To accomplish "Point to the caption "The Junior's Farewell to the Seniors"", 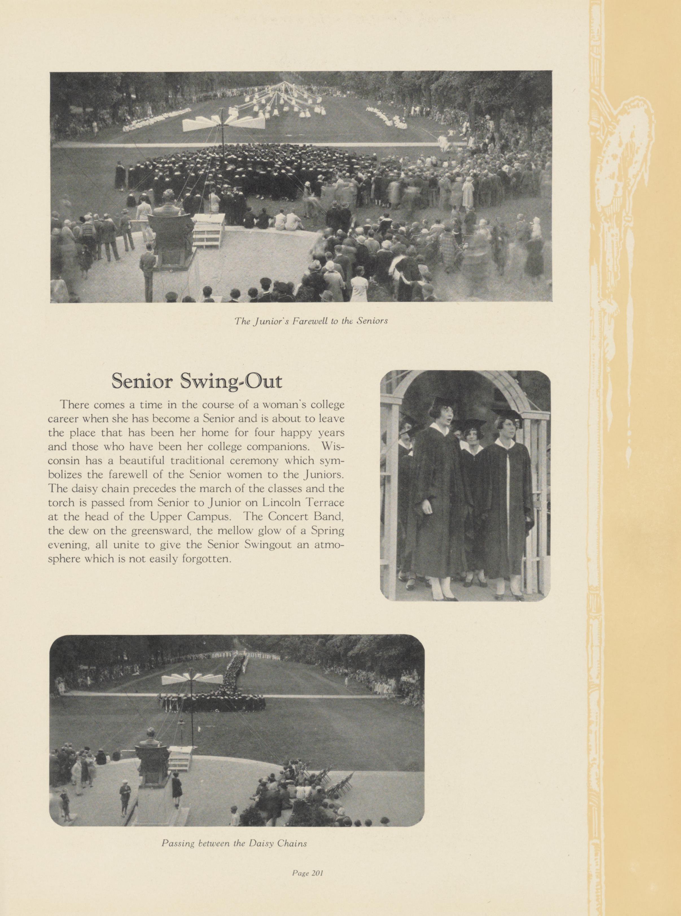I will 311,321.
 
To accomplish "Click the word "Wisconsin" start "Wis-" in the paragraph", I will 332,446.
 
